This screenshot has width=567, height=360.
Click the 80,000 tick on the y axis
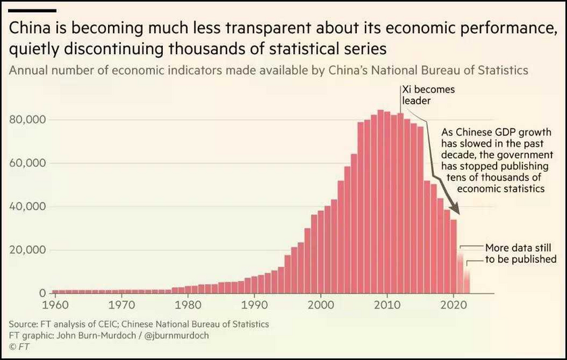28,120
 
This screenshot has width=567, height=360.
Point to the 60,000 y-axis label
28,163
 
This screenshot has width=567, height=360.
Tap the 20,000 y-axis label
28,250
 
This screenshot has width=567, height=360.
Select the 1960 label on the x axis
55,305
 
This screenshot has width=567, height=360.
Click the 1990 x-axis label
255,305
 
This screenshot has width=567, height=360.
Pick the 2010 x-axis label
387,305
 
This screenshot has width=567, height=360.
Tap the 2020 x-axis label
454,305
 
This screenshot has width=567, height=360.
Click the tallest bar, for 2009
380,202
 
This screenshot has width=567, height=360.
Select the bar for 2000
321,252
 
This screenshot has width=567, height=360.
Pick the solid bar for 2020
453,257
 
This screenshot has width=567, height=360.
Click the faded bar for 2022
467,280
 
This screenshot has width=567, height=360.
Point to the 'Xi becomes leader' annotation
428,95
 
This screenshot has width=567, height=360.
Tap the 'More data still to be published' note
521,253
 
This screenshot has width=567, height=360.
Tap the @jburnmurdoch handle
176,336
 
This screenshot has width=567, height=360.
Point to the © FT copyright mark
19,347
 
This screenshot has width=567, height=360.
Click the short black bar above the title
32,11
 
